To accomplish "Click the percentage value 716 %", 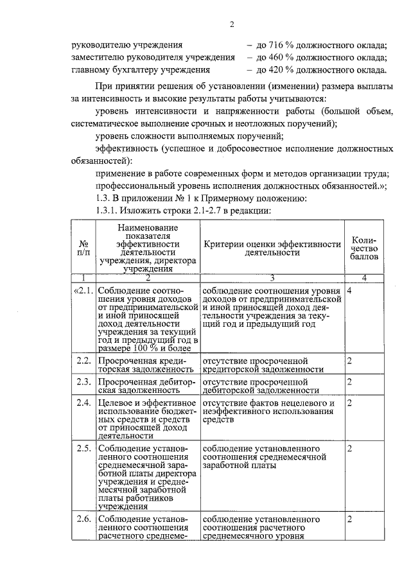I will click(274, 46).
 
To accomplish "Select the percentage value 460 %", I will click(274, 58).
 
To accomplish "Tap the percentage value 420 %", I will click(274, 70).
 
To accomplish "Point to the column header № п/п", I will click(83, 248).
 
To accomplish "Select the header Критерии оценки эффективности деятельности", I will click(272, 248).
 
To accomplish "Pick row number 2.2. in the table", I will click(85, 361).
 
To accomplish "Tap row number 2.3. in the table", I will click(85, 381).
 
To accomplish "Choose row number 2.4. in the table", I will click(85, 403).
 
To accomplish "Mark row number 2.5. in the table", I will click(85, 447).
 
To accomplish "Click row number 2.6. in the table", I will click(85, 518).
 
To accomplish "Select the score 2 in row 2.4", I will click(349, 403).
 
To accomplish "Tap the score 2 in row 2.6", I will click(349, 518).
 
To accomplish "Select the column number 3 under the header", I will click(272, 278).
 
